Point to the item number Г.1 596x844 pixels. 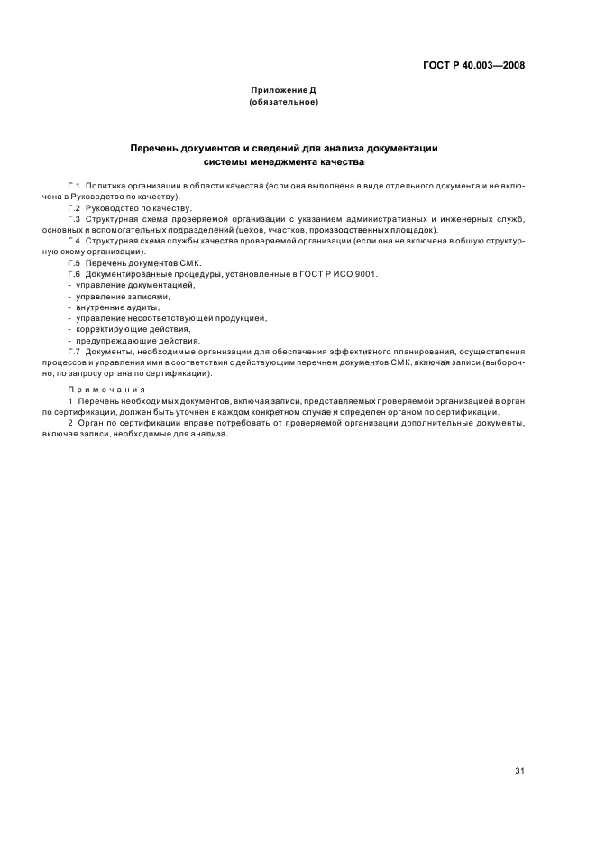tap(75, 184)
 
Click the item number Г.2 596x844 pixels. tap(75, 206)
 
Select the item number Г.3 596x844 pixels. tap(75, 218)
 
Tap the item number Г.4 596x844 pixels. tap(75, 241)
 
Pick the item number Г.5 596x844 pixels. tap(75, 262)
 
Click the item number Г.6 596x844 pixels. tap(75, 273)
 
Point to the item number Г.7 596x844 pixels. tap(75, 352)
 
